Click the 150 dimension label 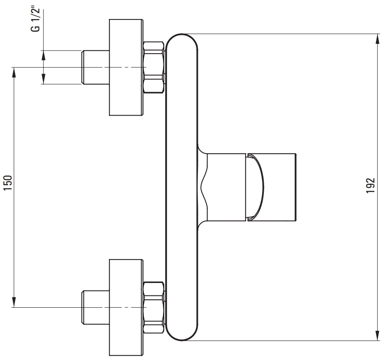tap(8, 183)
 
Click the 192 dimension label tap(371, 186)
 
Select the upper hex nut tap(154, 67)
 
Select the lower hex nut tap(154, 308)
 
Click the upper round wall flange tap(126, 67)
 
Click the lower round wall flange tap(126, 308)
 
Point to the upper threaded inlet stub tap(96, 67)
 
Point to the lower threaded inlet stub tap(96, 308)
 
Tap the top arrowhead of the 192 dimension tap(377, 39)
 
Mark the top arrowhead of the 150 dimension tap(14, 72)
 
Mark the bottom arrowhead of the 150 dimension tap(14, 302)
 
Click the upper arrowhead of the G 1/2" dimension tap(43, 55)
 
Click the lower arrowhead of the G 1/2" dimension tap(43, 79)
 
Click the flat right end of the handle tap(296, 187)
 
